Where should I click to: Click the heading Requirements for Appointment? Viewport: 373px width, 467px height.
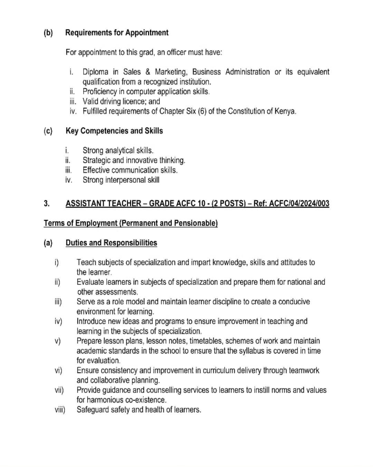point(117,33)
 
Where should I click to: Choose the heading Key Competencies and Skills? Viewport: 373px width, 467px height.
point(114,131)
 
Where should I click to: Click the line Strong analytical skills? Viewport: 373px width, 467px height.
point(118,150)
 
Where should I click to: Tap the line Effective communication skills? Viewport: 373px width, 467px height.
point(130,170)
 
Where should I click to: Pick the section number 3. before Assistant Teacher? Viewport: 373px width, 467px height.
point(47,203)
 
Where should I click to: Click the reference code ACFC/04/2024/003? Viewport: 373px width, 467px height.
point(299,203)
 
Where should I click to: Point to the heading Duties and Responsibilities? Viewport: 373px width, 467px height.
point(111,243)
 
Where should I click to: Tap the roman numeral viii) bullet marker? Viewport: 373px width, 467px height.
point(60,410)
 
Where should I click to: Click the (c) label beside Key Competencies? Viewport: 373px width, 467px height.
point(48,131)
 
